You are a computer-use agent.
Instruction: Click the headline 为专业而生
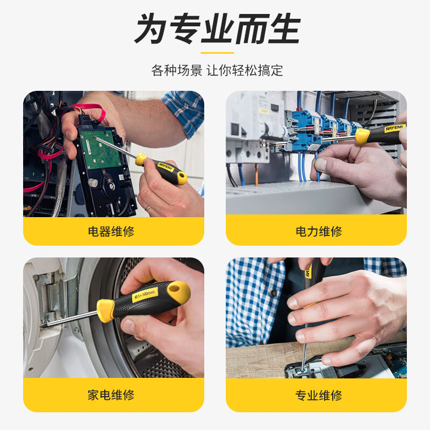click(217, 29)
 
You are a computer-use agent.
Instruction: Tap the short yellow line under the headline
click(217, 53)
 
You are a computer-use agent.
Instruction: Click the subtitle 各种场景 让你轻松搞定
click(217, 70)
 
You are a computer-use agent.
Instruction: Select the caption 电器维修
click(111, 232)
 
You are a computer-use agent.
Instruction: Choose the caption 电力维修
click(318, 232)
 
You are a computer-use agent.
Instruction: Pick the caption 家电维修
click(111, 396)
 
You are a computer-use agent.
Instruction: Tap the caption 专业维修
click(318, 396)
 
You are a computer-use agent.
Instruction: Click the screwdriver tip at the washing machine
click(43, 325)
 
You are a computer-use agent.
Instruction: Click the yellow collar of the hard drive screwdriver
click(140, 159)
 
